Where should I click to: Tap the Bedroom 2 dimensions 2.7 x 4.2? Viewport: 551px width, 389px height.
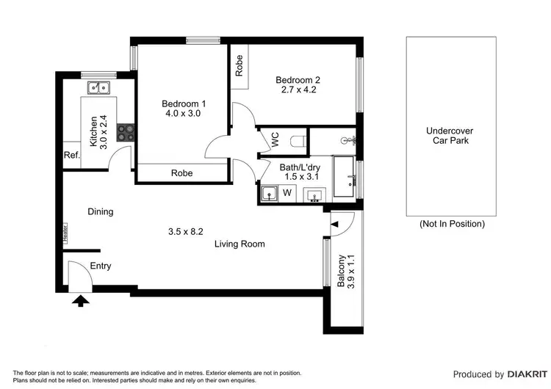[x=298, y=90]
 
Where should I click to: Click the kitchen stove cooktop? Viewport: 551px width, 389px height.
[x=126, y=132]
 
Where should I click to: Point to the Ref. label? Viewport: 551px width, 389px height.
[x=71, y=155]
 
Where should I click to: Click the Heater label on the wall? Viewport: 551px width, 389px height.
[x=65, y=234]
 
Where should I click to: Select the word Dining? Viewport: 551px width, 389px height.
[x=101, y=212]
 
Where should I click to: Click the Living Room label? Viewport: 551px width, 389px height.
[x=240, y=244]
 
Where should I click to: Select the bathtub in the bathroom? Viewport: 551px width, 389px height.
[x=345, y=176]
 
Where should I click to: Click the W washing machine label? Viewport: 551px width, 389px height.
[x=287, y=194]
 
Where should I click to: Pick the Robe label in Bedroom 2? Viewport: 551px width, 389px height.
[x=239, y=67]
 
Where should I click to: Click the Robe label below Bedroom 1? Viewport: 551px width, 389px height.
[x=181, y=173]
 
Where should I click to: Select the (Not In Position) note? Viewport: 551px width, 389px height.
[x=451, y=224]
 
